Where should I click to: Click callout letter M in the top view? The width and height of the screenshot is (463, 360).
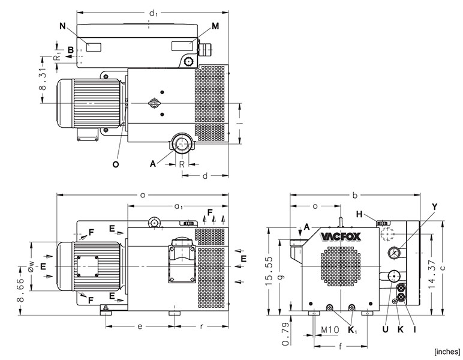click(x=215, y=26)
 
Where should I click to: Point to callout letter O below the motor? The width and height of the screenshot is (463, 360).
click(x=116, y=163)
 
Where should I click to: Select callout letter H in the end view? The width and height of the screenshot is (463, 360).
click(x=359, y=214)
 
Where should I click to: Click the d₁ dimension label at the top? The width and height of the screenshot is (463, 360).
click(x=154, y=13)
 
